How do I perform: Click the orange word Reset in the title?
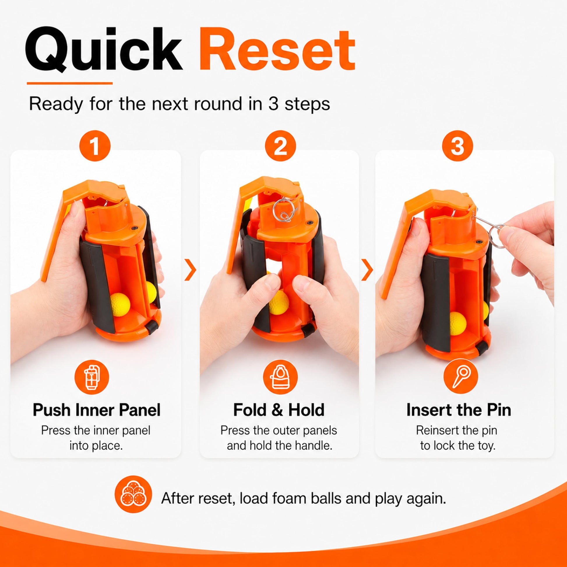pos(277,49)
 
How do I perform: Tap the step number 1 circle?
pos(95,146)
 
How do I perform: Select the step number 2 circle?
pos(280,146)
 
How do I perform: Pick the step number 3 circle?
pos(457,146)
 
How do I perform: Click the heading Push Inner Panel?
pos(96,410)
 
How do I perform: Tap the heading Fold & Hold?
pos(279,410)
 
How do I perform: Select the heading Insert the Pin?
pos(459,410)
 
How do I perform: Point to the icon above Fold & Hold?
pos(280,377)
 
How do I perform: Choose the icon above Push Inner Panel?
pos(92,377)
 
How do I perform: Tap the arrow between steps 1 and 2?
pos(191,270)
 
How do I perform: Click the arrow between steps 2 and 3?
pos(367,270)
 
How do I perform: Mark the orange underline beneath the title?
pos(70,83)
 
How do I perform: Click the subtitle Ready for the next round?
pos(179,104)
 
